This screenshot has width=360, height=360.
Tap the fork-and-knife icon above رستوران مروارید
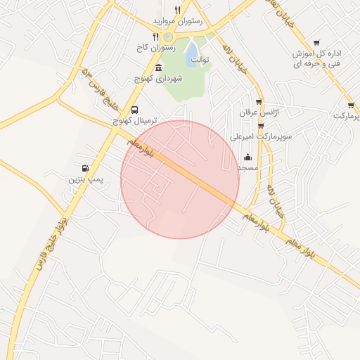[177, 10]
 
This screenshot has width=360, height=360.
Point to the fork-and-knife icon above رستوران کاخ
[155, 37]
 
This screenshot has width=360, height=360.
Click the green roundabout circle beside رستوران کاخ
[167, 38]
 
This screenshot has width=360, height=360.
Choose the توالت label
[202, 60]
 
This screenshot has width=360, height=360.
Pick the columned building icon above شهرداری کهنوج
[157, 68]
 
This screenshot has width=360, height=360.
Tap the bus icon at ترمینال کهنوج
[134, 110]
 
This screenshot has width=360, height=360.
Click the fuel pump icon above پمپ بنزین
[85, 169]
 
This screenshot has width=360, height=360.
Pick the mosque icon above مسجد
[247, 157]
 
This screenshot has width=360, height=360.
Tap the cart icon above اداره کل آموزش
[316, 42]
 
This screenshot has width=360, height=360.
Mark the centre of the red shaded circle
[180, 179]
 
